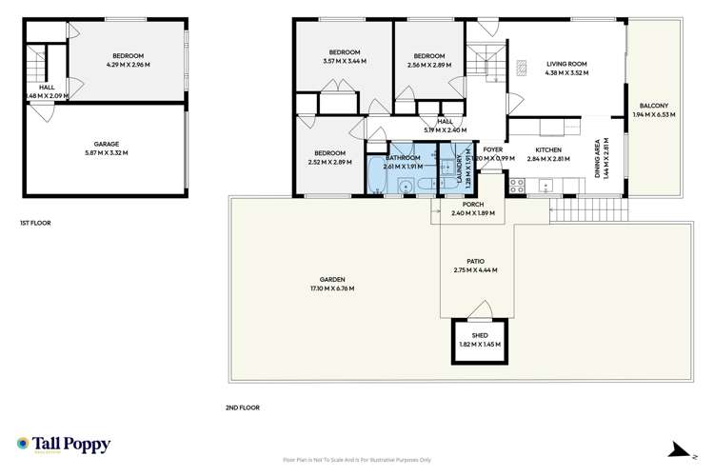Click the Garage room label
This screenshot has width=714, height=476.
tap(106, 144)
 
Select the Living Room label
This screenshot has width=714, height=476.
tap(565, 63)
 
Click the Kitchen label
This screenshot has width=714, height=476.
tap(547, 149)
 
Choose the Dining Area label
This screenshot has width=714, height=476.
tap(599, 158)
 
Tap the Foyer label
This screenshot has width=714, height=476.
tap(492, 149)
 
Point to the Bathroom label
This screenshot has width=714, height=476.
tap(402, 158)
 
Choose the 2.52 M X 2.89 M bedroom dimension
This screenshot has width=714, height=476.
tap(329, 161)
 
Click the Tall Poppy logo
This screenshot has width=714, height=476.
tap(63, 445)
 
